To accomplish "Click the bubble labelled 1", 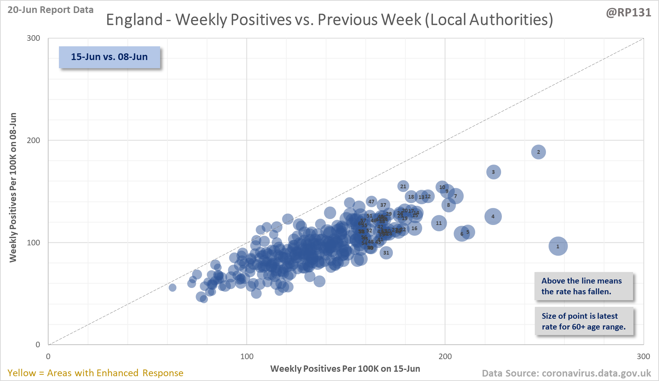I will pyautogui.click(x=558, y=246).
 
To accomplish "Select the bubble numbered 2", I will pyautogui.click(x=539, y=152).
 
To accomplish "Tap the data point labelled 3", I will pyautogui.click(x=493, y=172).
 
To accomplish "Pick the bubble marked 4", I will pyautogui.click(x=493, y=216).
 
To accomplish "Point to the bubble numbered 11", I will pyautogui.click(x=439, y=223).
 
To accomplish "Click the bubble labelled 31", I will pyautogui.click(x=386, y=253).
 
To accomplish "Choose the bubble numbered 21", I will pyautogui.click(x=403, y=186).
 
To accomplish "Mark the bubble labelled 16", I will pyautogui.click(x=414, y=228).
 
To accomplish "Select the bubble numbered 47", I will pyautogui.click(x=371, y=202).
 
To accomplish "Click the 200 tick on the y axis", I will pyautogui.click(x=33, y=140).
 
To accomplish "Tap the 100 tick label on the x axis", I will pyautogui.click(x=247, y=357).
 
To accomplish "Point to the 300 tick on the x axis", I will pyautogui.click(x=643, y=357).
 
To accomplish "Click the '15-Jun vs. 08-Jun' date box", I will pyautogui.click(x=109, y=57).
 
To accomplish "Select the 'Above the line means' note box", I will pyautogui.click(x=583, y=286).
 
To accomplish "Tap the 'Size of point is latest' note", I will pyautogui.click(x=583, y=321).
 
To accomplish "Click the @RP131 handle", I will pyautogui.click(x=629, y=13).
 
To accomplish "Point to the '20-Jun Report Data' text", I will pyautogui.click(x=50, y=10).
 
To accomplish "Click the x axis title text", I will pyautogui.click(x=345, y=369).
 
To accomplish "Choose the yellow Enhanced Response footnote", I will pyautogui.click(x=95, y=373).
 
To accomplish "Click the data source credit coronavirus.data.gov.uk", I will pyautogui.click(x=566, y=373).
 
